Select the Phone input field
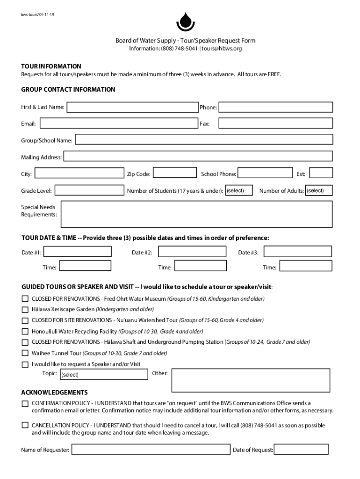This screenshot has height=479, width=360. tap(276, 108)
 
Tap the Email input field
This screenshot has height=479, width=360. tap(119, 123)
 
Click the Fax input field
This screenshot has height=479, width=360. tap(275, 123)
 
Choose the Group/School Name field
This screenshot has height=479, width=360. tap(204, 140)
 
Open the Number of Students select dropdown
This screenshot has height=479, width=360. tap(239, 190)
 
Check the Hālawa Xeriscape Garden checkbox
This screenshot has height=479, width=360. tap(25, 309)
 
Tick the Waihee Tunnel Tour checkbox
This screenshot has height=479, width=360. tap(25, 353)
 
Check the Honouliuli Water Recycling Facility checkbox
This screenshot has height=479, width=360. tap(25, 331)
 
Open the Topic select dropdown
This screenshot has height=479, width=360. tap(103, 374)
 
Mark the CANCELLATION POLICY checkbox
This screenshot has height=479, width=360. tap(25, 425)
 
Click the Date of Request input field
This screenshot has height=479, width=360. tap(301, 450)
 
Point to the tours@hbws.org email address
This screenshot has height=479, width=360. tap(222, 48)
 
